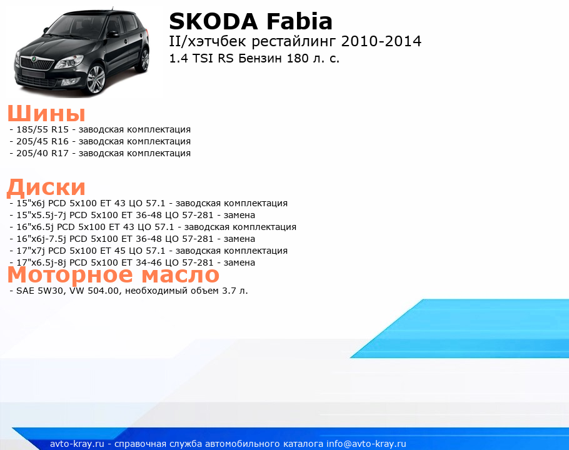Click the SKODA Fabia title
[x=251, y=21]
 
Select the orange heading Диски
[x=46, y=187]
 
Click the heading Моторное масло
[x=113, y=274]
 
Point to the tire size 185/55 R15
[x=43, y=129]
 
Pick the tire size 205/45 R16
[x=43, y=141]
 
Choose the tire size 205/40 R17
[x=43, y=153]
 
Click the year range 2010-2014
[x=381, y=41]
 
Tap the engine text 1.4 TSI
[x=191, y=58]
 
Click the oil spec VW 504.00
[x=94, y=291]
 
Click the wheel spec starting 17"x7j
[x=152, y=251]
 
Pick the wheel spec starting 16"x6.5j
[x=156, y=227]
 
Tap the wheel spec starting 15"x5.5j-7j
[x=136, y=215]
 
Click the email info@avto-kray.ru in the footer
[x=366, y=444]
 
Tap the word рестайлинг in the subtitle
[x=295, y=42]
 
